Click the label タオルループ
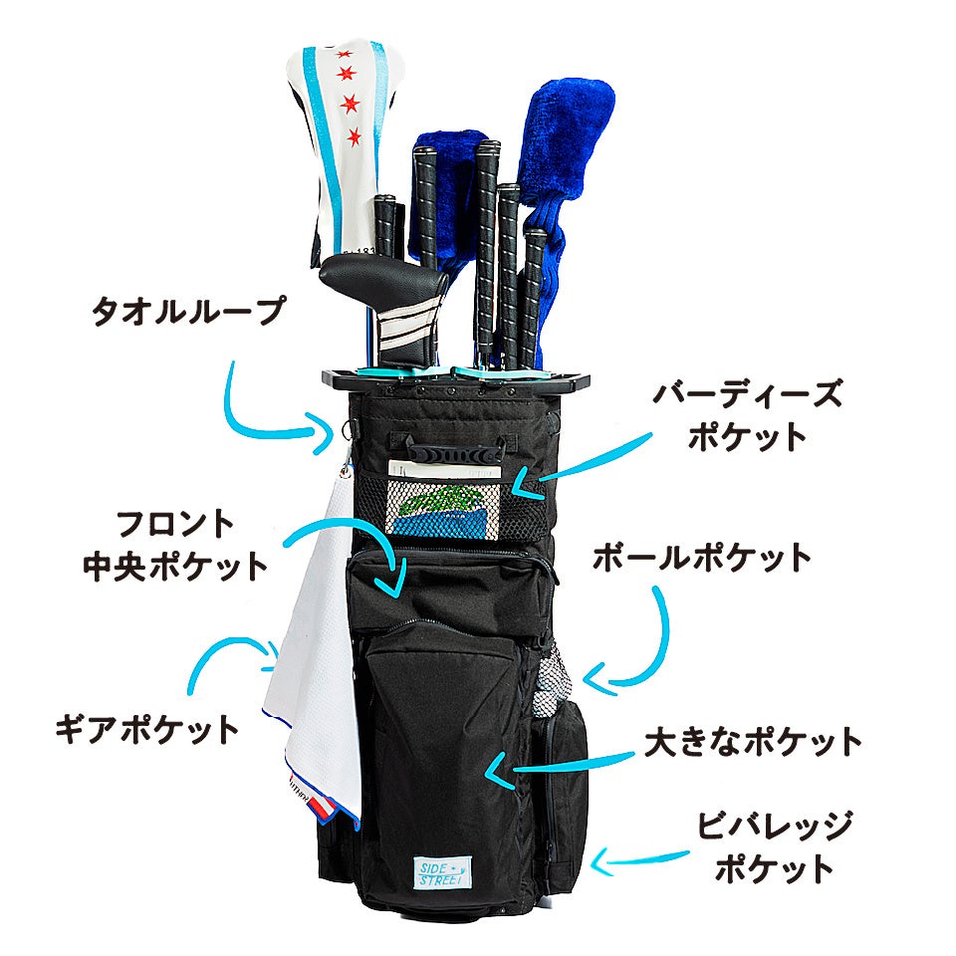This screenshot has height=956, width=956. point(187,313)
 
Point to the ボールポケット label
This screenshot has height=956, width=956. point(702,559)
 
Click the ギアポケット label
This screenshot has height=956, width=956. point(147,728)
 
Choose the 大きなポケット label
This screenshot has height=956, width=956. point(753,741)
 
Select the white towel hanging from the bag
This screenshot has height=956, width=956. point(317,647)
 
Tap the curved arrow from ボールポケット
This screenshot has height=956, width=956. point(637,647)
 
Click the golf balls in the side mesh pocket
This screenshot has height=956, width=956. point(550,687)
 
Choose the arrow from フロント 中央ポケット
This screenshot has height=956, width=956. point(358,543)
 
